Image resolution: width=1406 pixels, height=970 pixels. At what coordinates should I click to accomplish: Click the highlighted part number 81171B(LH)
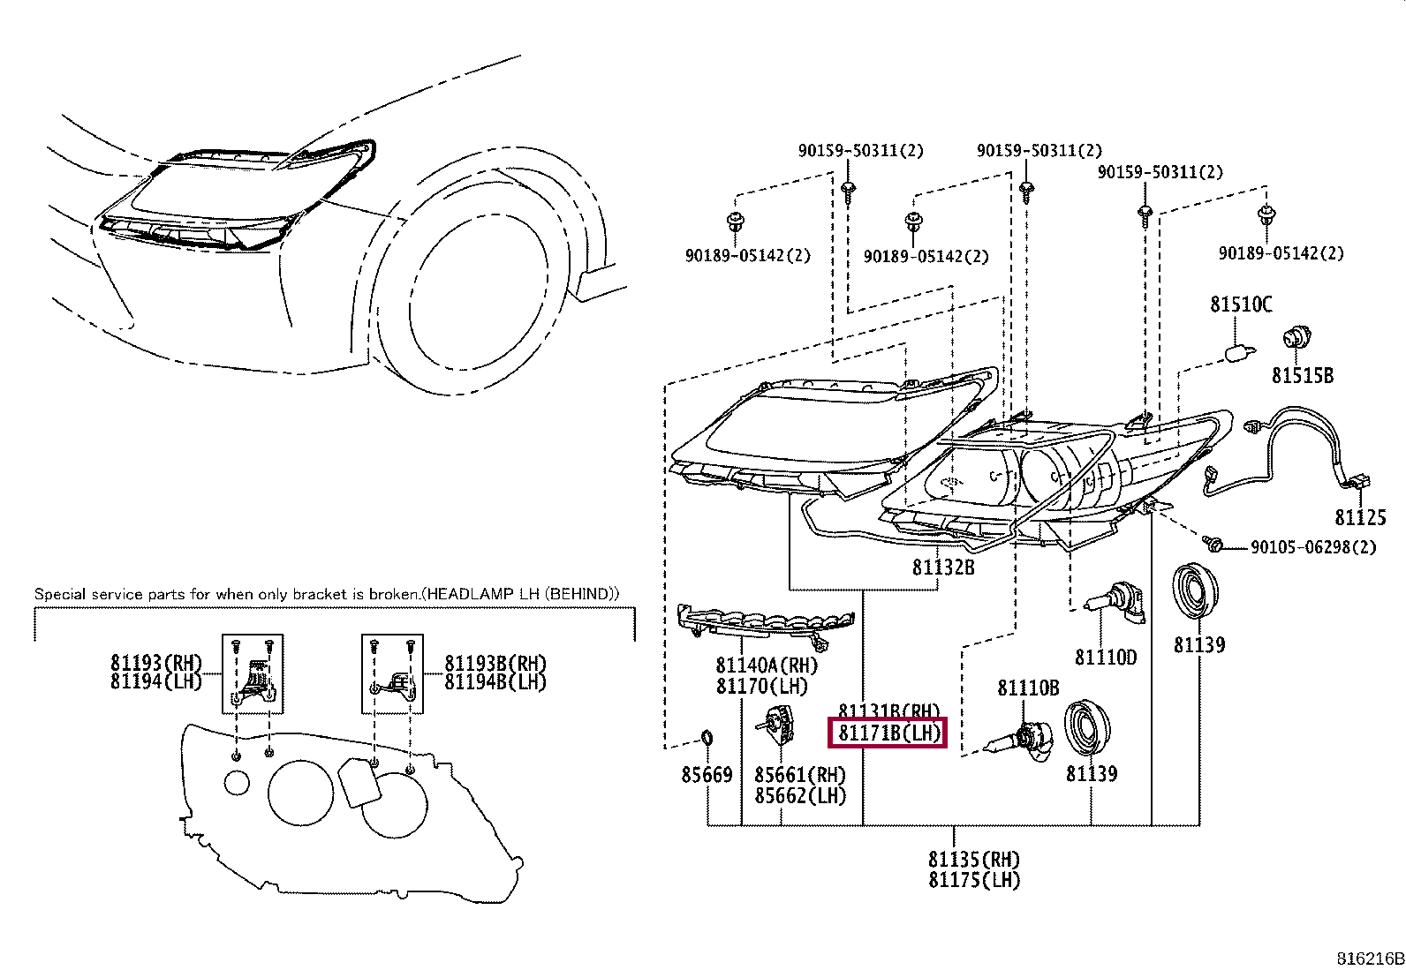point(888,733)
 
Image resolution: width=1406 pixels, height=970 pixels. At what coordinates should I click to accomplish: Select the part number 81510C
point(1241,305)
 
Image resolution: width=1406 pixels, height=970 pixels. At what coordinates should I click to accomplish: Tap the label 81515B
point(1302,376)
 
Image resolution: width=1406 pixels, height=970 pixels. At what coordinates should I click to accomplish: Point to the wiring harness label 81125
point(1360,517)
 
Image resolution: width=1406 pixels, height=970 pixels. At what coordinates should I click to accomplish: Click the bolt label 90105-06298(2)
point(1313,547)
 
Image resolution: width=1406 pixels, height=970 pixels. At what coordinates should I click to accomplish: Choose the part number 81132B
point(943,568)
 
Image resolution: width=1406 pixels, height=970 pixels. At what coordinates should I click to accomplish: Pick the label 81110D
point(1106,658)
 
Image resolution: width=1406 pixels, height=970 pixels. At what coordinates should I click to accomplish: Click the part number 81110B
point(1028,688)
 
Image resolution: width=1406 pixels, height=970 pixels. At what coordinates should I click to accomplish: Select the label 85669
point(707,775)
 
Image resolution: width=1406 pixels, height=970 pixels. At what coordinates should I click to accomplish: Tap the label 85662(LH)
point(800,796)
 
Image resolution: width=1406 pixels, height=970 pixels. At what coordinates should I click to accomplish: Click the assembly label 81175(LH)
point(974,881)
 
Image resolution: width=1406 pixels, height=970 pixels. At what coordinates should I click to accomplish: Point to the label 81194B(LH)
point(495,682)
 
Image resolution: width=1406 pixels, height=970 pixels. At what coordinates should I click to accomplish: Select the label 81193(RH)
point(156,663)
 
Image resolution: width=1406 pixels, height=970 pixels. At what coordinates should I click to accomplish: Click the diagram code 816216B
point(1370,959)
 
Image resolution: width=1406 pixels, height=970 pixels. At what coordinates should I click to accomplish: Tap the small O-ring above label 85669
point(707,738)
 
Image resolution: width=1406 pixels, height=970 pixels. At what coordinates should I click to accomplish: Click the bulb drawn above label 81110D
point(1118,599)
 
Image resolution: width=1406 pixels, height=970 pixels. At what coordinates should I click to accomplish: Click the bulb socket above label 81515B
point(1296,338)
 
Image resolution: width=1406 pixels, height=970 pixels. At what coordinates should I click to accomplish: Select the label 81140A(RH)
point(767,665)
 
